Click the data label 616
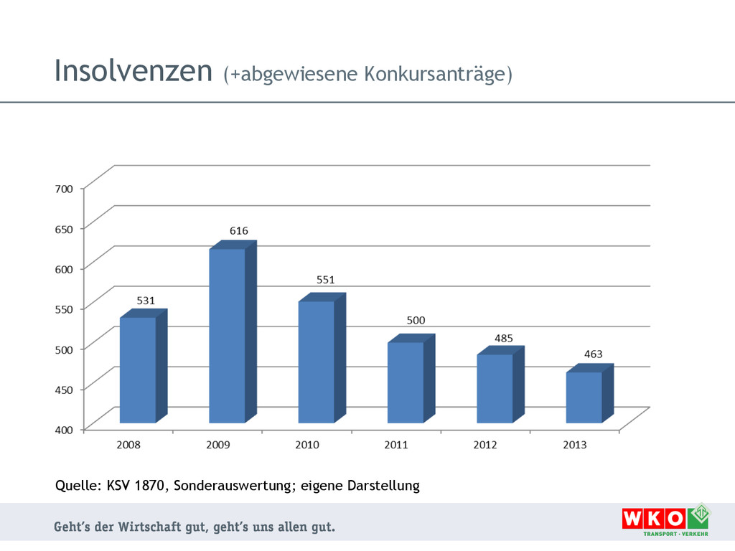click(x=239, y=231)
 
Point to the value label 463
click(x=593, y=354)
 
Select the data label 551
click(x=326, y=280)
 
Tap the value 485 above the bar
click(x=504, y=337)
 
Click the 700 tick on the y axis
click(x=64, y=189)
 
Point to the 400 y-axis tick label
click(x=64, y=430)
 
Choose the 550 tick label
click(x=64, y=309)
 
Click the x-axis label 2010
click(x=307, y=445)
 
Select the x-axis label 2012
click(x=485, y=445)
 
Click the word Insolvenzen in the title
click(x=134, y=71)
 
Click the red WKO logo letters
click(x=653, y=518)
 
